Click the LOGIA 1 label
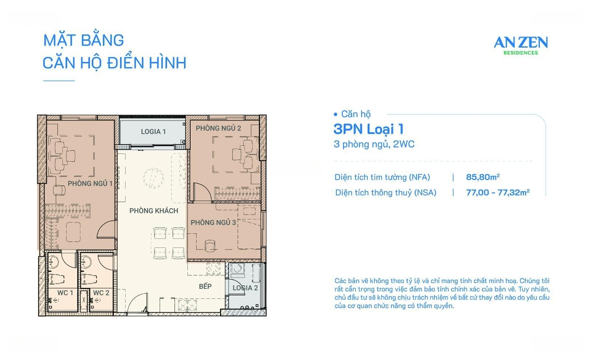[153, 132]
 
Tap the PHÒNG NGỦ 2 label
[219, 128]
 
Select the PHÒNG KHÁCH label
[154, 211]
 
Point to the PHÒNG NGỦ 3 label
[213, 222]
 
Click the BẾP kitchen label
[205, 286]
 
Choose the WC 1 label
[65, 293]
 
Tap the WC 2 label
[101, 293]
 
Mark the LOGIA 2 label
[245, 288]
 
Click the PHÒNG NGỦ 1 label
[90, 184]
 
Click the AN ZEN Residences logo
[520, 44]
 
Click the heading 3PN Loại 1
[368, 129]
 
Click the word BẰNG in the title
[102, 40]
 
